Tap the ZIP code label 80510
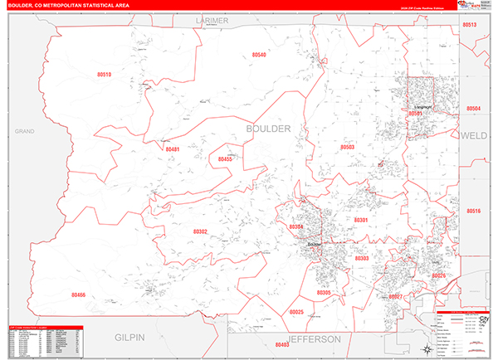[x=104, y=75]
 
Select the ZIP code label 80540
[x=259, y=55]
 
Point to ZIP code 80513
[x=470, y=26]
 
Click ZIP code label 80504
[x=473, y=109]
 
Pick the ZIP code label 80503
[x=348, y=147]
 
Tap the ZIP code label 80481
[x=172, y=149]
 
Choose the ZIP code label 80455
[x=225, y=158]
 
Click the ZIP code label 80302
[x=200, y=231]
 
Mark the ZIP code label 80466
[x=78, y=294]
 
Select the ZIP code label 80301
[x=361, y=220]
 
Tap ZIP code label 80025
[x=296, y=312]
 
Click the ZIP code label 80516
[x=473, y=211]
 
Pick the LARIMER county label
[x=212, y=19]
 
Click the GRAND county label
[x=22, y=132]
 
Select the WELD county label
[x=473, y=134]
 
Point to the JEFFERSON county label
[x=315, y=339]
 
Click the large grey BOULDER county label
[x=268, y=129]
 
